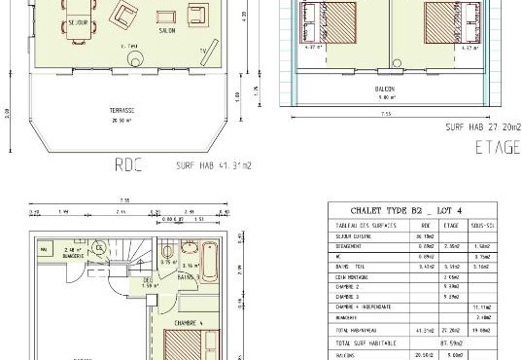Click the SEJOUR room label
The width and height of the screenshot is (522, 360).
(x=78, y=20)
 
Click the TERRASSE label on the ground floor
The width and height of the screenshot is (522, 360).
(x=122, y=111)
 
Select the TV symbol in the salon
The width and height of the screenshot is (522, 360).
(x=202, y=50)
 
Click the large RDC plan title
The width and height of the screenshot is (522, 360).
(x=128, y=164)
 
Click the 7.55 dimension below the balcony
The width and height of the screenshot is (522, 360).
(x=385, y=115)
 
